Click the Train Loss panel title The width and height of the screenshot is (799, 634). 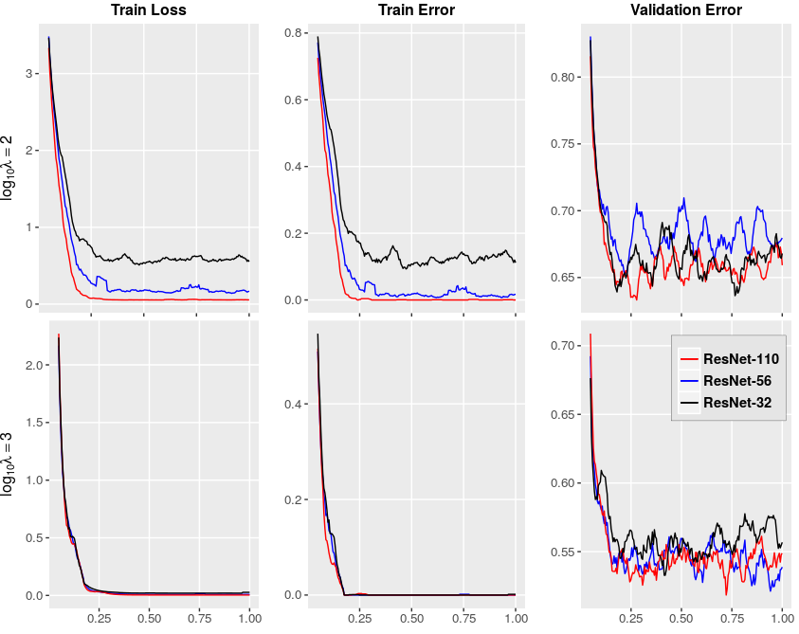(149, 10)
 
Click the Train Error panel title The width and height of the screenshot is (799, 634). (416, 10)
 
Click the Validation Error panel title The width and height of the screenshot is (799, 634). (686, 10)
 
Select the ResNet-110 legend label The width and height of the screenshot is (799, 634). (741, 359)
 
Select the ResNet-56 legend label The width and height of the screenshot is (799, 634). (737, 381)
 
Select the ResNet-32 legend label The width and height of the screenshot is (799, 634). (737, 403)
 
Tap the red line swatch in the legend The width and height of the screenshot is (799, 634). (689, 359)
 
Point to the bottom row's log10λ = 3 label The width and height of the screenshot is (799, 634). (8, 464)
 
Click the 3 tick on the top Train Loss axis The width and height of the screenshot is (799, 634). (29, 74)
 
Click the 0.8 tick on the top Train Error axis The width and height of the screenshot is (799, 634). (292, 33)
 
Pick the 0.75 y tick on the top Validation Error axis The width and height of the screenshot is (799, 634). (564, 144)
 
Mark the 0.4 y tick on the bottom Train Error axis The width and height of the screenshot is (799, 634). (292, 405)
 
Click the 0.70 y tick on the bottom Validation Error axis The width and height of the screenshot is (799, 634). (564, 346)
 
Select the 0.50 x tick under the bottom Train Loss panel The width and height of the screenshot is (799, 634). (149, 619)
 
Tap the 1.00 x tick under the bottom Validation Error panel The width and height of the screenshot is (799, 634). (782, 619)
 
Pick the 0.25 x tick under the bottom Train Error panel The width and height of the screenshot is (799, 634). (360, 619)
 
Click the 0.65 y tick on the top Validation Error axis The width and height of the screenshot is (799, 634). (564, 279)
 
